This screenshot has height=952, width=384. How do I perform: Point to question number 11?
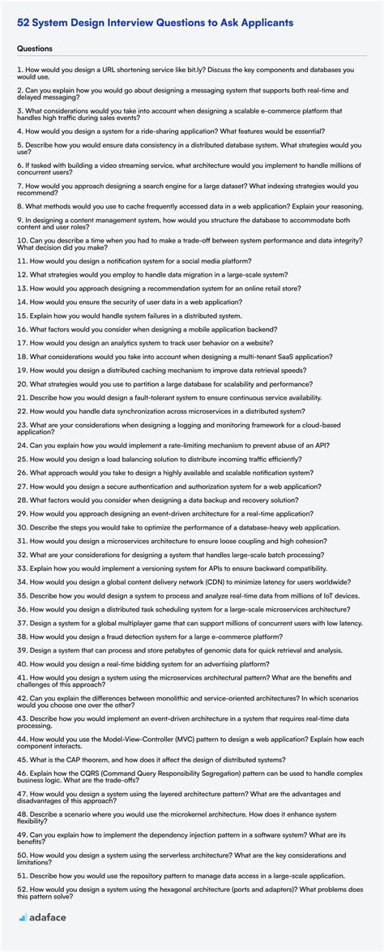pos(22,261)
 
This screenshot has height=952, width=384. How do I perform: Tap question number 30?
pos(22,527)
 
